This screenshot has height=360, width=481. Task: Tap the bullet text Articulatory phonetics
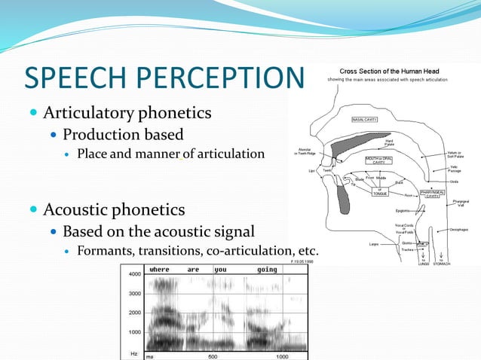[127, 114]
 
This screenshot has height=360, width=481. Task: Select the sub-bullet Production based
[123, 135]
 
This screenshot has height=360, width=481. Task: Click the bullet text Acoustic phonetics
[114, 209]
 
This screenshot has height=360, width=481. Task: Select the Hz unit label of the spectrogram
[133, 353]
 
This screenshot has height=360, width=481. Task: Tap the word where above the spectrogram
[159, 269]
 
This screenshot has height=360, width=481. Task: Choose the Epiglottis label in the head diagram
[400, 211]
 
